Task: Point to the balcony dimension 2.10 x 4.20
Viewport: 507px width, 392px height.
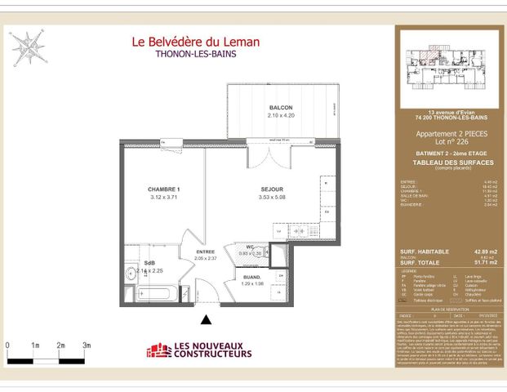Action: pyautogui.click(x=280, y=116)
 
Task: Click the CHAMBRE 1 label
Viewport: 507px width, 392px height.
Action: pyautogui.click(x=162, y=189)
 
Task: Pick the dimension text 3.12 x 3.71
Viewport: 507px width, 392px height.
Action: pyautogui.click(x=162, y=197)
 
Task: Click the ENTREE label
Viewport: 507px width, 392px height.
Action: pyautogui.click(x=205, y=251)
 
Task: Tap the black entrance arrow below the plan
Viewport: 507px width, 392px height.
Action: pyautogui.click(x=207, y=319)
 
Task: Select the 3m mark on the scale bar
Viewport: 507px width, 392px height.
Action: pyautogui.click(x=86, y=346)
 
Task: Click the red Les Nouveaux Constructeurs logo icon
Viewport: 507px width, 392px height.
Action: pyautogui.click(x=158, y=350)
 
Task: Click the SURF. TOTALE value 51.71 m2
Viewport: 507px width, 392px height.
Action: pyautogui.click(x=486, y=263)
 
